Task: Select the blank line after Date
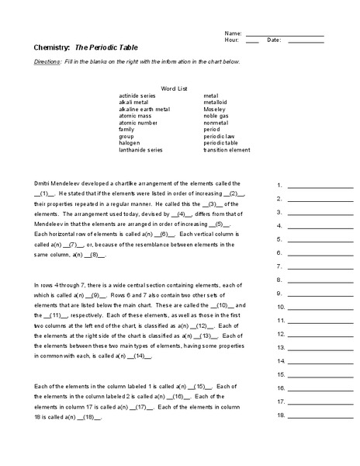pos(306,42)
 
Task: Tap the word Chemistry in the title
pos(52,47)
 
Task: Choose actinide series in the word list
pos(138,96)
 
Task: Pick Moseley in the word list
pos(216,109)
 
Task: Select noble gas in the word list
pos(216,116)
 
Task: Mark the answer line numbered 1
pos(320,187)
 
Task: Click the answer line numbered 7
pos(320,266)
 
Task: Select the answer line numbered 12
pos(320,334)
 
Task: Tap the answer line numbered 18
pos(320,415)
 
